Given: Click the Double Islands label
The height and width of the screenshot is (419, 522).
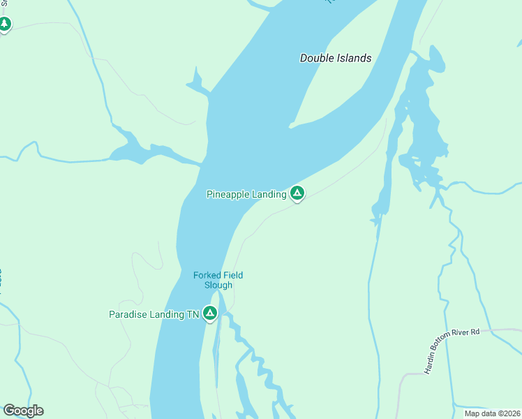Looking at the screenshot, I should (x=336, y=58).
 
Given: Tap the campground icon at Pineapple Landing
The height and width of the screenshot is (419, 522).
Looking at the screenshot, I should (x=297, y=193).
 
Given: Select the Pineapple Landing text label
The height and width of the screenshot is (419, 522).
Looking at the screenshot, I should (x=246, y=194).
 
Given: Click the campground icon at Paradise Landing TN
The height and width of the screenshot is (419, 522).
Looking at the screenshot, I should (x=210, y=314).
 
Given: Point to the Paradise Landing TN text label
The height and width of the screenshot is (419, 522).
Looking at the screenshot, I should (x=154, y=315).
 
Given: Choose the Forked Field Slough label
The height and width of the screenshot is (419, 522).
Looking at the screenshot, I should (x=218, y=280).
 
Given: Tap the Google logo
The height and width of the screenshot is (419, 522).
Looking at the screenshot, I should (x=23, y=411).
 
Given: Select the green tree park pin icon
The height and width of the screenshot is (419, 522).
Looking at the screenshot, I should (x=5, y=24).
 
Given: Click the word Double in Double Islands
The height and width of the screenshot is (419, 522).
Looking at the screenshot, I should (x=316, y=58).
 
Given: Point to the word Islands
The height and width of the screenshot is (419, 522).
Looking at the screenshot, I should (x=353, y=58).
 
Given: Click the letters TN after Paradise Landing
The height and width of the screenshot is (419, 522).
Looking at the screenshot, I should (x=193, y=315).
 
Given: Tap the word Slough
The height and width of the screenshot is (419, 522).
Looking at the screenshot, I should (x=218, y=285).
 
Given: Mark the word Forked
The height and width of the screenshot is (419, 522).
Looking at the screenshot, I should (x=207, y=275).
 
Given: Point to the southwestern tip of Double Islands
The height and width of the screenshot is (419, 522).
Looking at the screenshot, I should (x=290, y=126).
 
